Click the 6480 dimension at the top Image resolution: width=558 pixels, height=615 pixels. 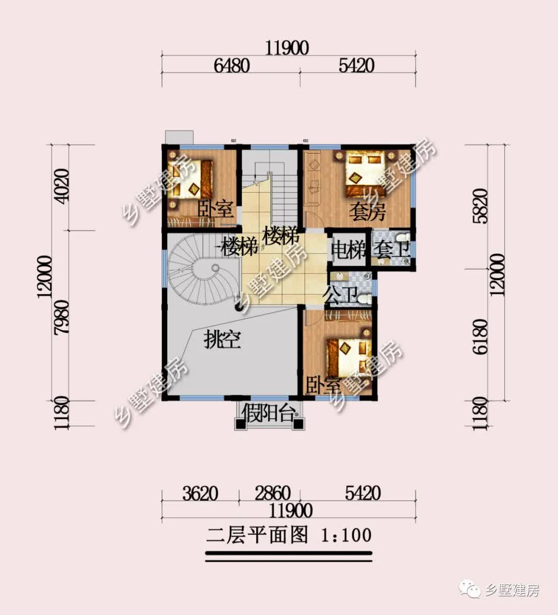click(x=231, y=66)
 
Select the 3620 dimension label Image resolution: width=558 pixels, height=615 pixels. click(x=200, y=493)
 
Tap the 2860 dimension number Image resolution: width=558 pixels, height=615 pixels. click(x=272, y=493)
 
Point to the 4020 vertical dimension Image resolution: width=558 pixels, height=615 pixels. click(x=61, y=186)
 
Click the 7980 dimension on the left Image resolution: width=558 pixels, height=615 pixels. click(x=61, y=317)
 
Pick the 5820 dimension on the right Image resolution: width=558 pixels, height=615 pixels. click(x=479, y=205)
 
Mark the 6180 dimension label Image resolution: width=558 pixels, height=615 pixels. click(x=479, y=336)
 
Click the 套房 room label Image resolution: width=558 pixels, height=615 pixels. click(x=367, y=212)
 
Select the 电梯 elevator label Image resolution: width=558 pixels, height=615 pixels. click(x=348, y=250)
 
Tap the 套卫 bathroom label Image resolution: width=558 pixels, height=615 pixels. click(x=392, y=250)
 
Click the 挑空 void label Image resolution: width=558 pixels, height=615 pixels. click(x=222, y=340)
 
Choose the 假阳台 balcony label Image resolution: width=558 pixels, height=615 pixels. click(x=270, y=414)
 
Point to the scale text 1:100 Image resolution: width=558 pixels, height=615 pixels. click(x=346, y=534)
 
